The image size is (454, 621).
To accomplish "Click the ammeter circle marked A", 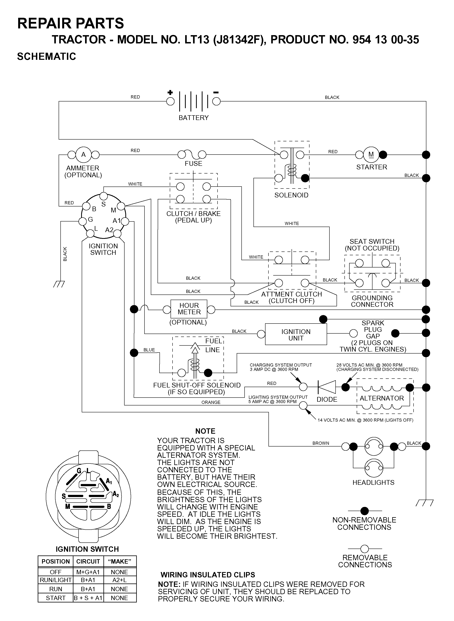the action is coord(83,155).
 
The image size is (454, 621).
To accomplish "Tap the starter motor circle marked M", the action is coord(371,155).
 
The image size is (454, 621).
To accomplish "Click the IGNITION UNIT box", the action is coord(296,334).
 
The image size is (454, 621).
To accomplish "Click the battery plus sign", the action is coord(170,92).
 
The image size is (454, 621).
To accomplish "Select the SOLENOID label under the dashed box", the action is coord(291,195).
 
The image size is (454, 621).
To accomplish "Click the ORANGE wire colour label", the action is coord(211,402).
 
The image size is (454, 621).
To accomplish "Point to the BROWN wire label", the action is coord(321,443).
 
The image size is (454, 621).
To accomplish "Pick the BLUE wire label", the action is coord(149,350).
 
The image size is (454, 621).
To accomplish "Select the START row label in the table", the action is coord(55,598).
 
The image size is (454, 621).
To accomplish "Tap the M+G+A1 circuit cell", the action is coord(88,572).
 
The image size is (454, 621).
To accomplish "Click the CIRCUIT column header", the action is coord(88,562).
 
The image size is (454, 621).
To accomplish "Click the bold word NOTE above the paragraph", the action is coord(205,431).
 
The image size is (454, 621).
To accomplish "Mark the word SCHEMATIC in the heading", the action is coord(46,56).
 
